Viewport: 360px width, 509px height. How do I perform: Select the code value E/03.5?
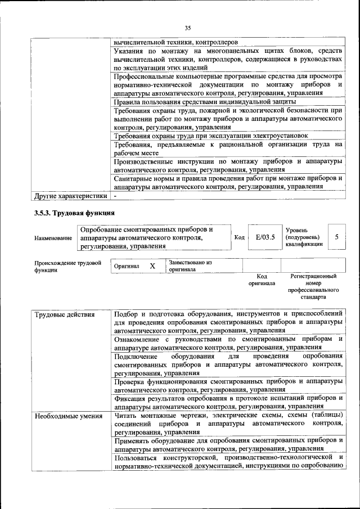point(264,237)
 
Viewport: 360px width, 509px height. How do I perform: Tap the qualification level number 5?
point(336,237)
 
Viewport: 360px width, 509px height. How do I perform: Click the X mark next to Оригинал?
point(152,265)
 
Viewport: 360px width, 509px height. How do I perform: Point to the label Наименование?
point(53,238)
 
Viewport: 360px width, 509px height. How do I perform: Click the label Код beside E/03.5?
point(238,237)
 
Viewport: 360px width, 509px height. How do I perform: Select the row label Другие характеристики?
point(70,196)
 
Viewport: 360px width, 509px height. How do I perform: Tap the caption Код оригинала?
point(262,280)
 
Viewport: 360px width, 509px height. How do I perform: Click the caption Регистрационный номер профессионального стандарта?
point(313,286)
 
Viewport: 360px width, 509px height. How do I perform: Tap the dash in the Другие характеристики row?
point(115,196)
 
